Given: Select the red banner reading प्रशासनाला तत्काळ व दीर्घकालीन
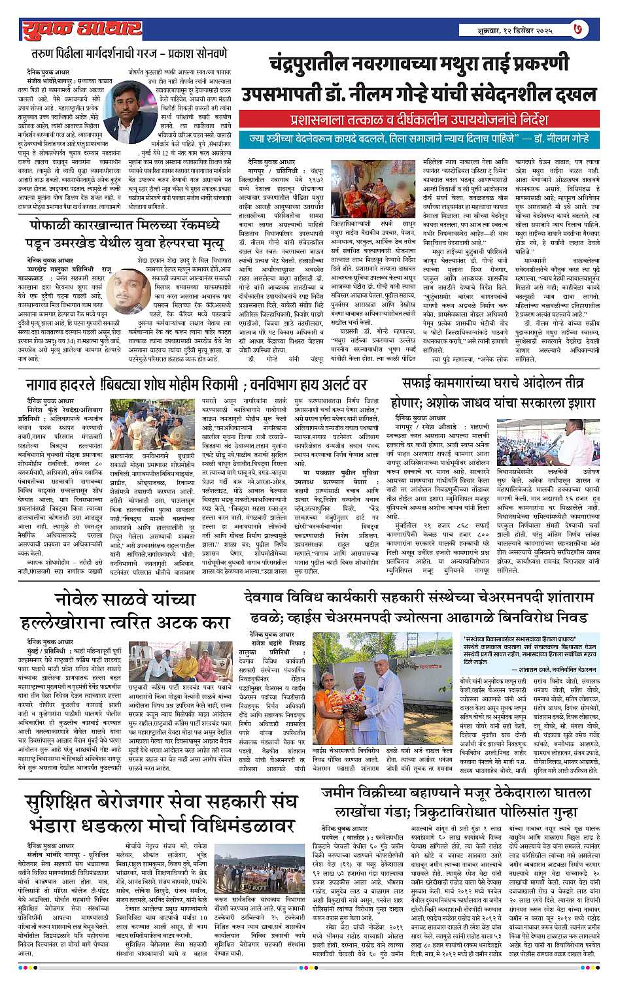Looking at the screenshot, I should click(419, 120).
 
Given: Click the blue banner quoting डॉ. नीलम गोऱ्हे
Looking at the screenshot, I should click(419, 139).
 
